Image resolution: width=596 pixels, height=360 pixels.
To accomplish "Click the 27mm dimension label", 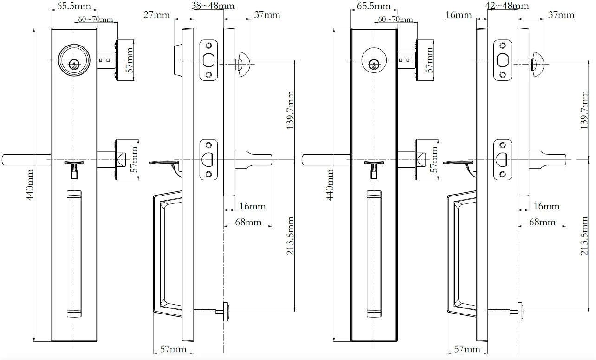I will pos(156,15).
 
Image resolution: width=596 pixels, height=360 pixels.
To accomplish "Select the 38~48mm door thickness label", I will pos(213,6).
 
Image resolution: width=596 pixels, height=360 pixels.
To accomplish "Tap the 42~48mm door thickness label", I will pos(507,6).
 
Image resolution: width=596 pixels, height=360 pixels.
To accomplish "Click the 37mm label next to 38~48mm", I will pos(267,15).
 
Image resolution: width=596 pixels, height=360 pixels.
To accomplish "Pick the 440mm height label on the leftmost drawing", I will pos(31,184).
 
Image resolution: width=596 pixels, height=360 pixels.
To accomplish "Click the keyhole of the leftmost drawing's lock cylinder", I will pos(73,65).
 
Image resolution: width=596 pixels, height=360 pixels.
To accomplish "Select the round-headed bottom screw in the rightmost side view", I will pos(521,310).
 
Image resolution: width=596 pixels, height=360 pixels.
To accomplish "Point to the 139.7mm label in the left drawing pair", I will pos(291,110).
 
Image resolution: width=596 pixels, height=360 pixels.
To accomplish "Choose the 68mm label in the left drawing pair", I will pos(248,222).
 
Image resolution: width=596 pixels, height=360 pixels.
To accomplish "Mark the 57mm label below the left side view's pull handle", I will pos(173,349).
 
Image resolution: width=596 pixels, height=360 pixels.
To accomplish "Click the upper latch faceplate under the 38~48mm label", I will pos(208,60).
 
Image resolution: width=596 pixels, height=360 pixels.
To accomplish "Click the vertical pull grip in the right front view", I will pos(374,253).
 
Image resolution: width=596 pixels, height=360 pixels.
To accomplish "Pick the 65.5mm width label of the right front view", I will pos(374,6).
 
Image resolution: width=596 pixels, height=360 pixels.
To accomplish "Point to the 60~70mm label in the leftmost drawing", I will pos(96,19).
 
